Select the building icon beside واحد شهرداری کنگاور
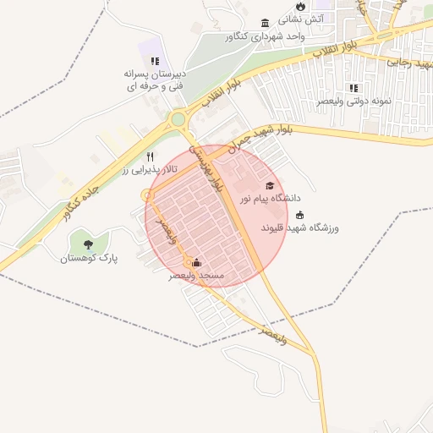[x=266, y=22]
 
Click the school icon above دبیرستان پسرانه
[x=155, y=61]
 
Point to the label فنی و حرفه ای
[x=155, y=86]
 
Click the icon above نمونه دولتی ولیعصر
[x=354, y=88]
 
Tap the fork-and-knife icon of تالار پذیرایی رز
[x=151, y=156]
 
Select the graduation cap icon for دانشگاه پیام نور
[x=270, y=185]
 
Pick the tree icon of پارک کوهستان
[x=89, y=244]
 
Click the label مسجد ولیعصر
[x=195, y=276]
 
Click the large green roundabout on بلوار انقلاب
[x=178, y=119]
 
